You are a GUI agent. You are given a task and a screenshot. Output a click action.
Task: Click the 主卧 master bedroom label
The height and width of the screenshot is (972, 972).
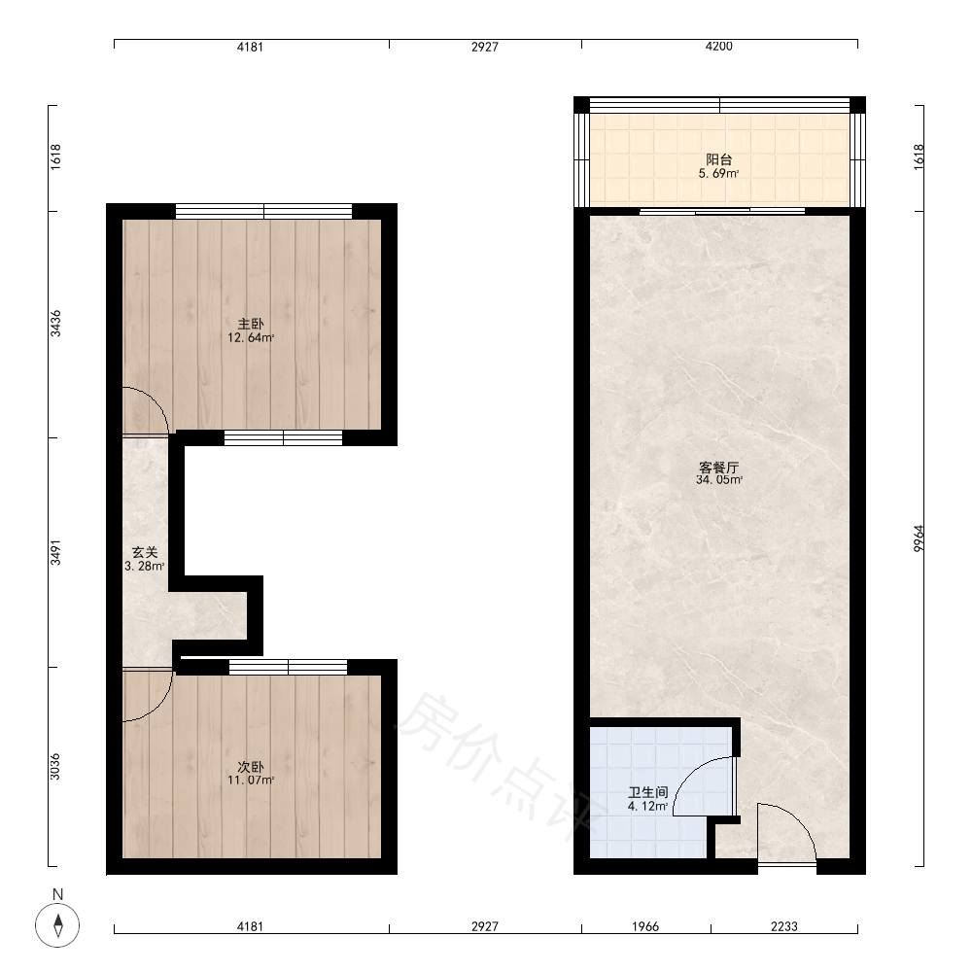click(x=251, y=324)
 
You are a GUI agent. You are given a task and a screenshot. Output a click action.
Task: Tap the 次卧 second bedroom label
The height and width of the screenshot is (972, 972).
click(x=251, y=767)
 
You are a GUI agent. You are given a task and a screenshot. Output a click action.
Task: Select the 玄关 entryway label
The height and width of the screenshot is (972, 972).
click(x=145, y=552)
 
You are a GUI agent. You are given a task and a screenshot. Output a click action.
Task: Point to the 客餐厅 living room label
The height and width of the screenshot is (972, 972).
click(x=719, y=467)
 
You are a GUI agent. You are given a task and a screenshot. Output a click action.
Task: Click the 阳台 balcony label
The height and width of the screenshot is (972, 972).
click(x=719, y=160)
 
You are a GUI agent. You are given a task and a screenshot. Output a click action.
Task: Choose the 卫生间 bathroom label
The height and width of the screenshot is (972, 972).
click(x=647, y=793)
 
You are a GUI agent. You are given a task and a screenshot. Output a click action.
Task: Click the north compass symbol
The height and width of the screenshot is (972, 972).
click(x=57, y=925)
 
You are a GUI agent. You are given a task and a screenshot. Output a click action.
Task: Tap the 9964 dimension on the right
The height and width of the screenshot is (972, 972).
click(x=919, y=538)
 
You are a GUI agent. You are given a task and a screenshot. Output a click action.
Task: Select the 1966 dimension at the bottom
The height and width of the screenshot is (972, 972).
click(x=645, y=926)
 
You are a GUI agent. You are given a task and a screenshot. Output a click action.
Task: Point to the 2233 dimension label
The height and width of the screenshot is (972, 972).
click(x=784, y=926)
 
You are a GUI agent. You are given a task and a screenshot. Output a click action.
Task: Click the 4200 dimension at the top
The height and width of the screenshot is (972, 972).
click(x=719, y=46)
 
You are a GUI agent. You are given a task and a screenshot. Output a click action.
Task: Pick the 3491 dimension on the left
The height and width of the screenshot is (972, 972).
click(x=55, y=552)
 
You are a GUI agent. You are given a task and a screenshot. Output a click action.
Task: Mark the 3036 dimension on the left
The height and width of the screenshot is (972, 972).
click(x=55, y=766)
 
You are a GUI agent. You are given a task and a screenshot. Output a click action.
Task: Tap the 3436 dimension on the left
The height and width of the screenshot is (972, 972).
click(x=55, y=324)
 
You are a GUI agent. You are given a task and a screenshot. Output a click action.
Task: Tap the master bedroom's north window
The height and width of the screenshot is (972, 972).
click(x=264, y=211)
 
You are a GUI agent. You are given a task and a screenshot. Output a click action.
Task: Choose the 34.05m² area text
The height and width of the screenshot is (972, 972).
click(x=719, y=480)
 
